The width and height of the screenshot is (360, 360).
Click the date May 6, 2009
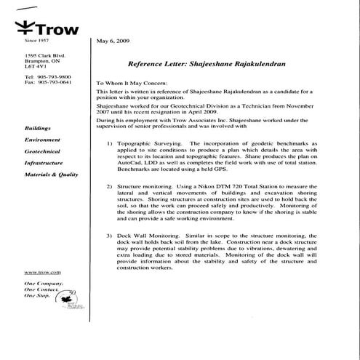(113, 42)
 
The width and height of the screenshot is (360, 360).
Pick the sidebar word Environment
(42, 139)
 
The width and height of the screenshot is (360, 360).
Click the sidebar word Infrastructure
(45, 163)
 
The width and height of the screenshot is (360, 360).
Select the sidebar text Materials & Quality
(51, 175)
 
